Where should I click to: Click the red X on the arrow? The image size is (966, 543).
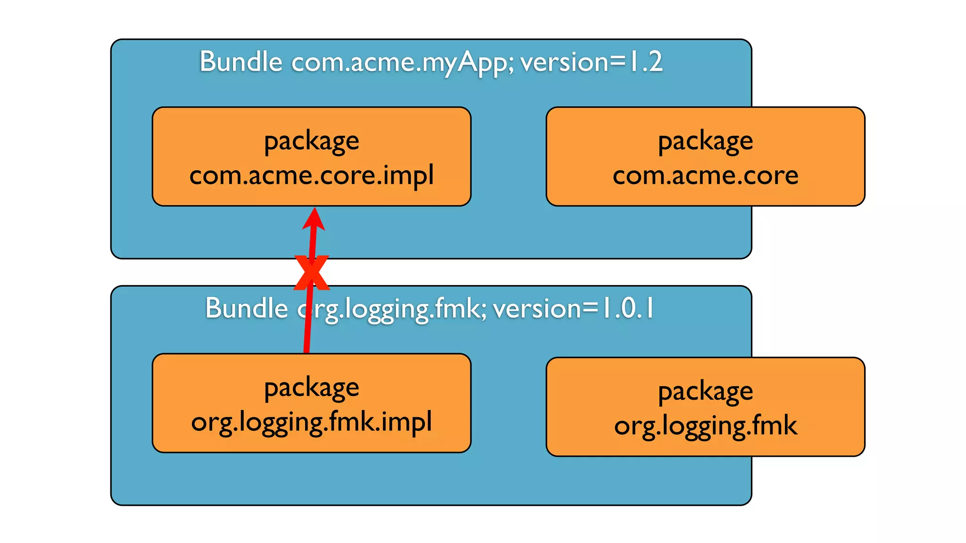point(311,273)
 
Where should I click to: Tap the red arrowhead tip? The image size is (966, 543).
point(314,210)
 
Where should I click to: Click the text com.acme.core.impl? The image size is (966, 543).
point(311,175)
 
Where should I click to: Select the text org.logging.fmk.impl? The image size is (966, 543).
point(311,422)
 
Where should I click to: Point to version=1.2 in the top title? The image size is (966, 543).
point(591,62)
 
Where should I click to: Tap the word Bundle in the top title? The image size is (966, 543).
point(241,62)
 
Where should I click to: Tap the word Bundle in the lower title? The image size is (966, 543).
point(247,309)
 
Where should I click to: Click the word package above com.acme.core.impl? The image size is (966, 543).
point(311,141)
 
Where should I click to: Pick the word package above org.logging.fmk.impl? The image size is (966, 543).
point(311,388)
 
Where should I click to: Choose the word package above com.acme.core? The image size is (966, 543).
point(705,141)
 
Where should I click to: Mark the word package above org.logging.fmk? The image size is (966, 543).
point(705,392)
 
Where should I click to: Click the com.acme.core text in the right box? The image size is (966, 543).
point(705,176)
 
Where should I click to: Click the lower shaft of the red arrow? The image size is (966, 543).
point(308,330)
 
